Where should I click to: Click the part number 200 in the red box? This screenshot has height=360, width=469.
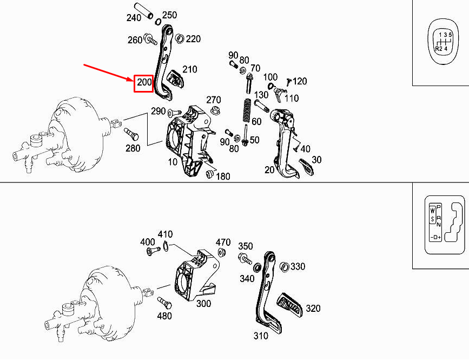coord(144,83)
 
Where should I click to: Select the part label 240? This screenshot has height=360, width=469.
coord(134,17)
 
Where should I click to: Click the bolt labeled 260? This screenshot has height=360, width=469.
coord(150,40)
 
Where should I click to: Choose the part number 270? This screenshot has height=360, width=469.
coord(214,100)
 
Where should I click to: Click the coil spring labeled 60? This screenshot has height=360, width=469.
coord(246,111)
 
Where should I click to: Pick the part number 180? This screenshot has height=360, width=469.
coord(223,176)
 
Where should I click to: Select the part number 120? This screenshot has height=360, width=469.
coord(300,81)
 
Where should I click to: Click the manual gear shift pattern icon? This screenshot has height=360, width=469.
coord(442,40)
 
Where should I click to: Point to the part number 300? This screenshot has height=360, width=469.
coord(203,304)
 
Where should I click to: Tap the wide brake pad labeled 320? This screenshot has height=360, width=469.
coord(290,306)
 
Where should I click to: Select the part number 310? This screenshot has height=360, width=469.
coord(261,336)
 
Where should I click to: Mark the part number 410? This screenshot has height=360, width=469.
coord(164,234)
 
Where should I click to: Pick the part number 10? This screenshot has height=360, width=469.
coord(172,161)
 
